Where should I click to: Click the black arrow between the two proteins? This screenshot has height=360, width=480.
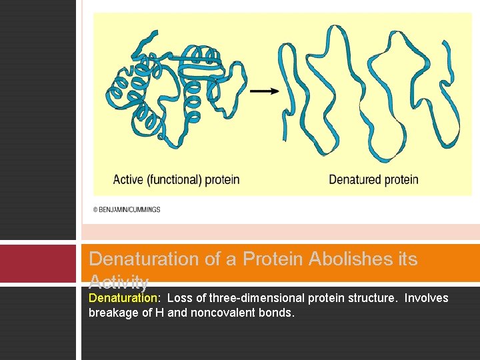click(x=266, y=91)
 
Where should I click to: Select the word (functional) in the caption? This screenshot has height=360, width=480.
click(x=175, y=179)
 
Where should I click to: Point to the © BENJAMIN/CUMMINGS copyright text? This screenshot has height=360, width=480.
click(x=127, y=209)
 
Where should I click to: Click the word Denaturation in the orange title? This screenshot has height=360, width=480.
click(x=143, y=259)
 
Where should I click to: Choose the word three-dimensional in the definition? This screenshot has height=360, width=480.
click(x=254, y=298)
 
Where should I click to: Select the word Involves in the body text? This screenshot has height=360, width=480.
click(x=427, y=298)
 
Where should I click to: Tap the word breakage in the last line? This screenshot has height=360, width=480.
click(x=111, y=312)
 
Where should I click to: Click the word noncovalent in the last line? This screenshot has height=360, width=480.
click(x=227, y=312)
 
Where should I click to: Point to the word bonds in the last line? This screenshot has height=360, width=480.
click(x=278, y=312)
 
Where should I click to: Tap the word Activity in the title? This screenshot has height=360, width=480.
click(x=119, y=281)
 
